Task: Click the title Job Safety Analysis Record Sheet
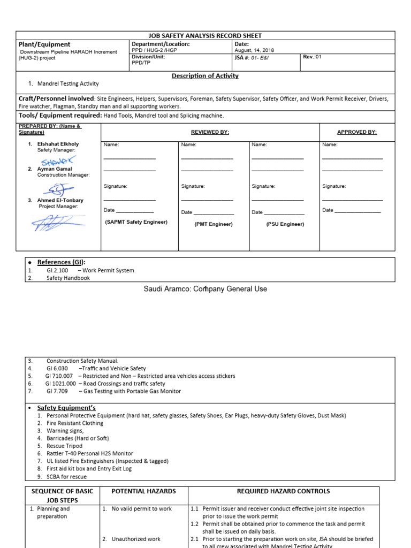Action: (205, 35)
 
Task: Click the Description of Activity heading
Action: (205, 76)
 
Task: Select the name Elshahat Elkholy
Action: (58, 144)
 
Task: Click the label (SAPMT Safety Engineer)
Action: (136, 222)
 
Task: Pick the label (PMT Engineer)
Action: (214, 224)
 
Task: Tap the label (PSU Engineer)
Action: (285, 224)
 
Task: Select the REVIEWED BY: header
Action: (210, 132)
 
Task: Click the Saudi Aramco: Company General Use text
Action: (205, 289)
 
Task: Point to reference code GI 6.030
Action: (57, 369)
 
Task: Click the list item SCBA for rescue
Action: (66, 476)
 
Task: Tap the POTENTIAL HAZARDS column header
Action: (143, 491)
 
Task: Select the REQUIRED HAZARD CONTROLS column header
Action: (283, 491)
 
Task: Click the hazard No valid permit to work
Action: (141, 509)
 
